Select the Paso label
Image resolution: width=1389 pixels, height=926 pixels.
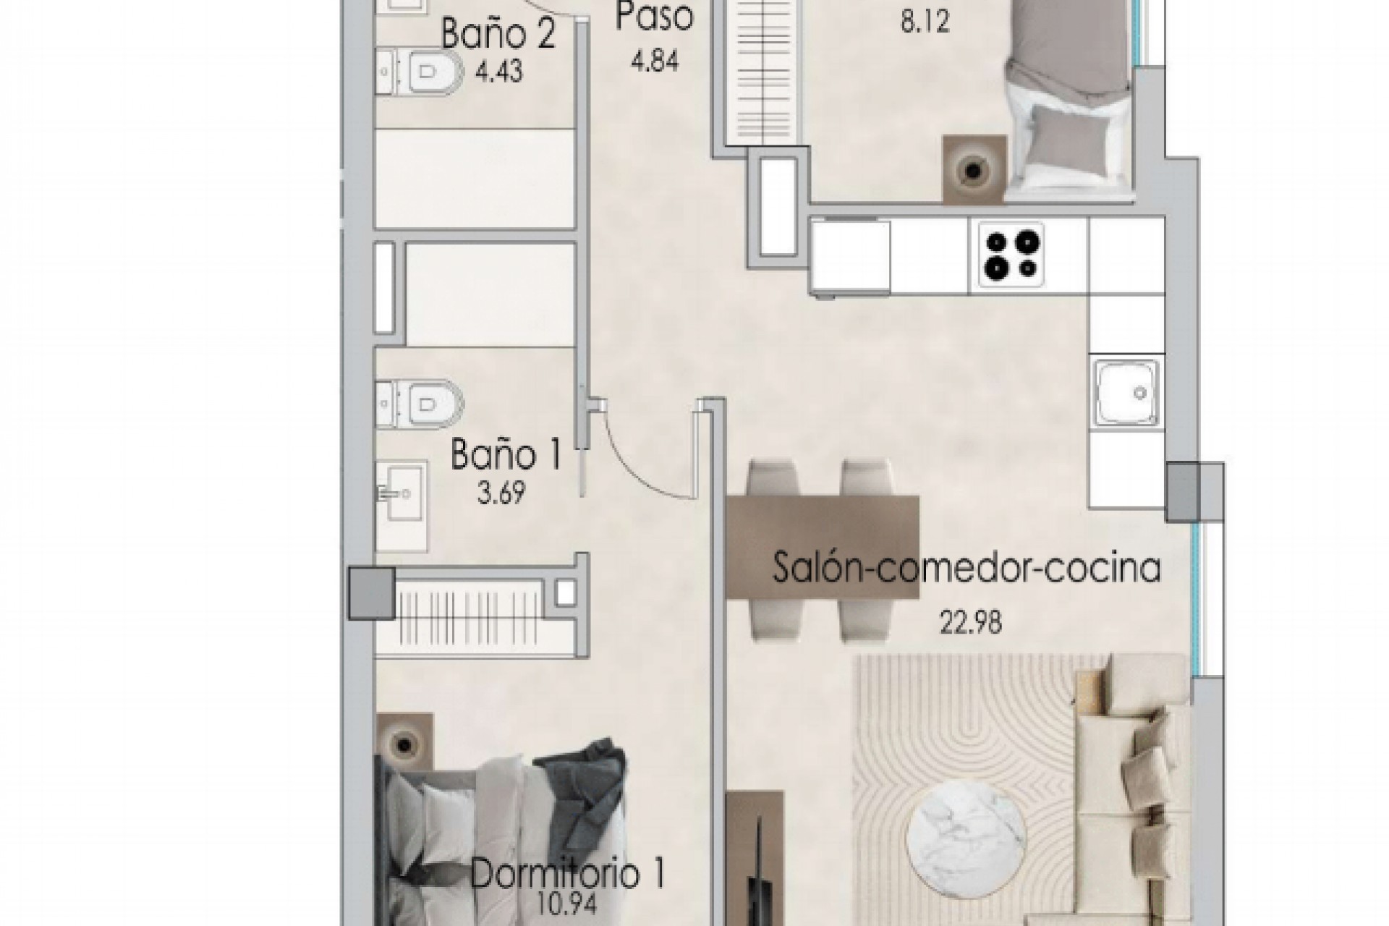[655, 17]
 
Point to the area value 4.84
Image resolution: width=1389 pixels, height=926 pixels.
[655, 61]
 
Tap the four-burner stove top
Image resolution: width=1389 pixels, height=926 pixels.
[1011, 255]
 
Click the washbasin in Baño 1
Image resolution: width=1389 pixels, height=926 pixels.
[401, 494]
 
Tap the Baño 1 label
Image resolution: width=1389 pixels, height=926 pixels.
[506, 456]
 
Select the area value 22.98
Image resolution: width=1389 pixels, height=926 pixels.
[971, 623]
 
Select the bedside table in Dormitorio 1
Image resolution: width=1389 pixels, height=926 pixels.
[405, 742]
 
